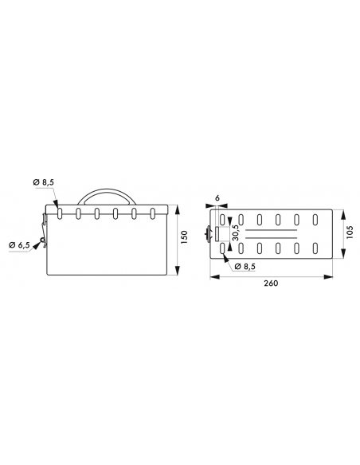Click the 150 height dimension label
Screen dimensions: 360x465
[x=184, y=237]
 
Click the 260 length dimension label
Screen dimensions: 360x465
[x=271, y=283]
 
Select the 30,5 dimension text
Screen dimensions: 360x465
[x=236, y=232]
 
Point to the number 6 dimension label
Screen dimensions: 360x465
[x=217, y=198]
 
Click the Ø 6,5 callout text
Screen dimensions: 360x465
[x=19, y=245]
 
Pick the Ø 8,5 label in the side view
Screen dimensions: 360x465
[x=43, y=182]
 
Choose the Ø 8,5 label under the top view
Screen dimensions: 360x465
[x=245, y=266]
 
